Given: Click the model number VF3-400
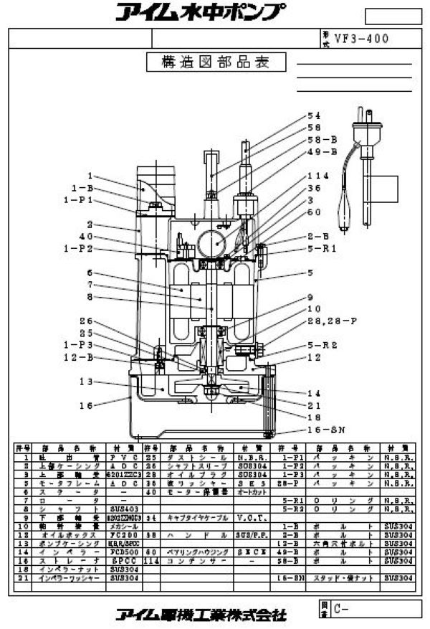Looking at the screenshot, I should coord(366,39).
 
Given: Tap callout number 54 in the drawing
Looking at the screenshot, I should coord(313,115).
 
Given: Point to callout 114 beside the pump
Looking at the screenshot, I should coord(317,175).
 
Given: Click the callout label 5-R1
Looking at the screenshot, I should coord(321,248).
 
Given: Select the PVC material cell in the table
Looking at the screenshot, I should coord(125,457).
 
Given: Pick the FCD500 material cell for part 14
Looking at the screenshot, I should coord(125,532).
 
